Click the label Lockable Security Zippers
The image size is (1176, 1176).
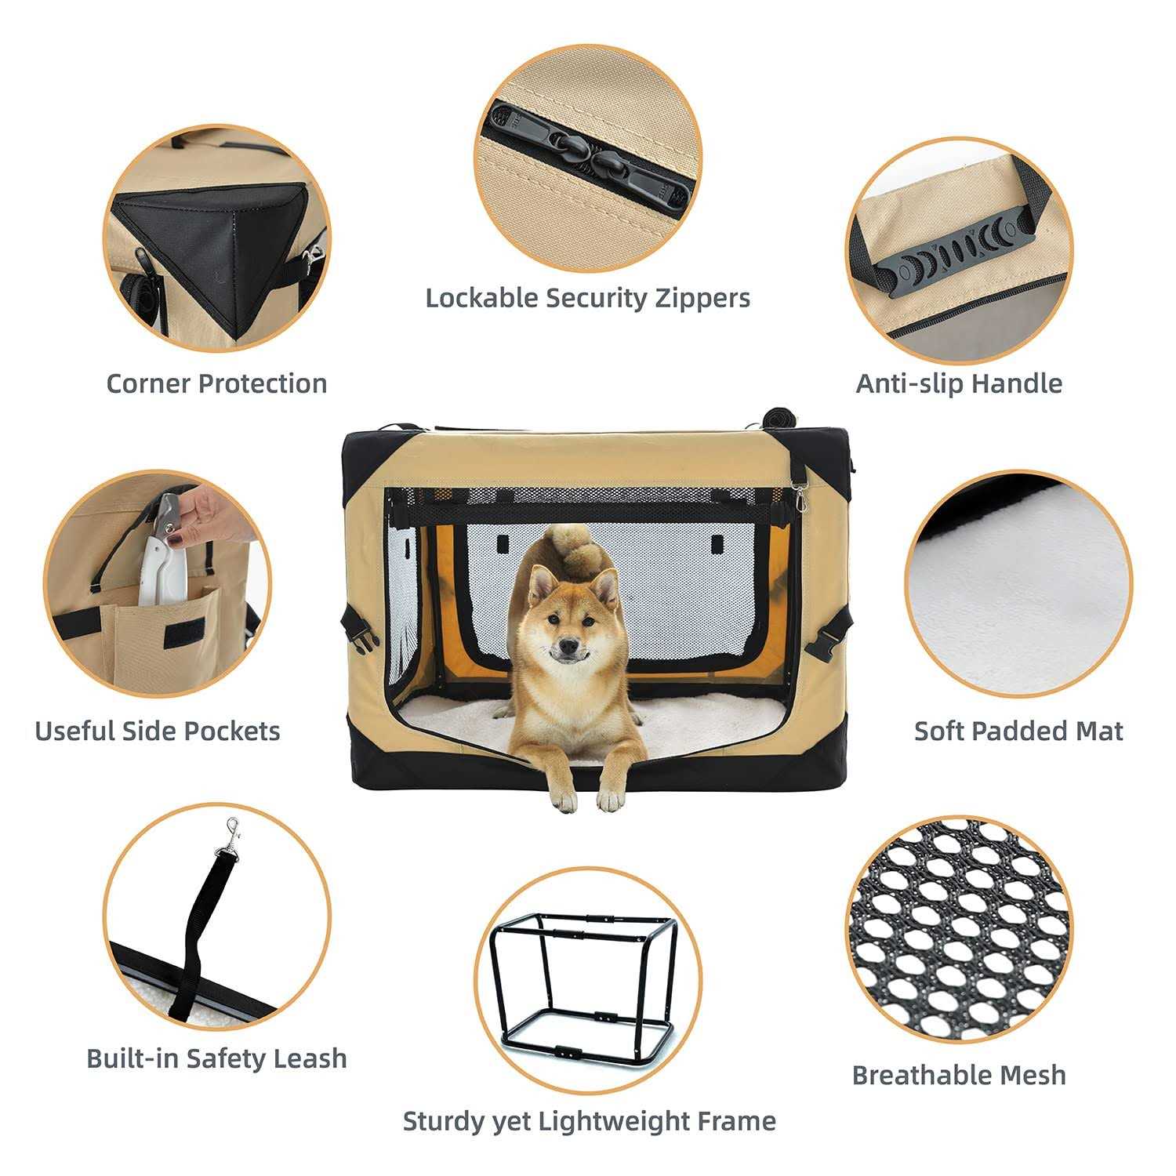tap(588, 298)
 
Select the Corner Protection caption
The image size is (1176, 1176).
tap(216, 383)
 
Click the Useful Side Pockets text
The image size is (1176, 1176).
tap(158, 731)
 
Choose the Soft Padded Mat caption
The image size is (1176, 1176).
tap(1018, 731)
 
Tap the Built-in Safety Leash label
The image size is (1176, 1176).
tap(216, 1058)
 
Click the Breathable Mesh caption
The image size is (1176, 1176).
tap(959, 1074)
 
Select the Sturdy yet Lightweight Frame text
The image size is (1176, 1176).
tap(589, 1121)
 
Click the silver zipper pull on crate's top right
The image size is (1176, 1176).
tap(798, 495)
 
